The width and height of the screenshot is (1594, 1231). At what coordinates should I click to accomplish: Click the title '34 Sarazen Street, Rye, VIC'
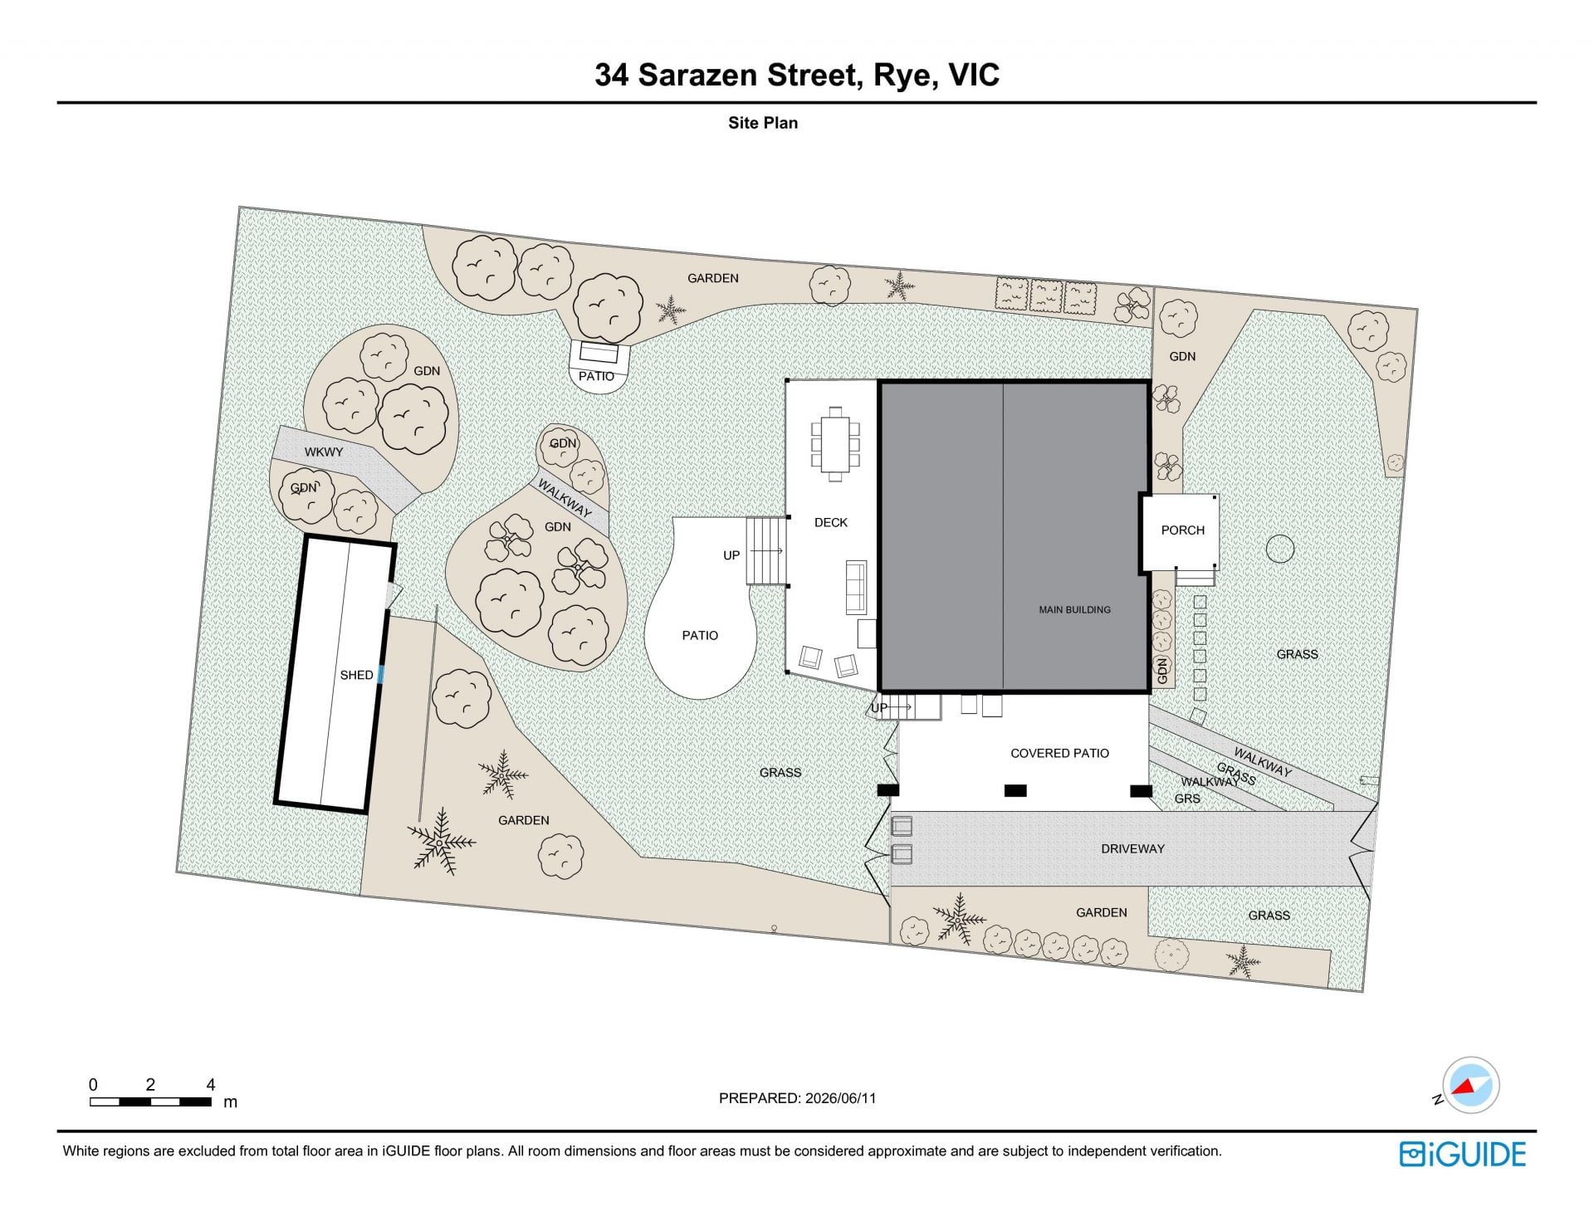point(797,75)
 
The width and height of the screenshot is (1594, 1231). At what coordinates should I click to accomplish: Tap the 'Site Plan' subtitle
point(763,123)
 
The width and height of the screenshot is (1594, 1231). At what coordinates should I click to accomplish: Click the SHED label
point(356,675)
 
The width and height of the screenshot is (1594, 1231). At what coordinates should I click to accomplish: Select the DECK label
point(831,522)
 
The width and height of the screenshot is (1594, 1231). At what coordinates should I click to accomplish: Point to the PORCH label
point(1182,530)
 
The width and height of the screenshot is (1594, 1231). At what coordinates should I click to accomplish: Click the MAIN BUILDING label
point(1074,609)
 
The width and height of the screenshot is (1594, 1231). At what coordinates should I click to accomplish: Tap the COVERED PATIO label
point(1059,753)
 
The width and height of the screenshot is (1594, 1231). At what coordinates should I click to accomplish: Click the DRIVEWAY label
point(1132,848)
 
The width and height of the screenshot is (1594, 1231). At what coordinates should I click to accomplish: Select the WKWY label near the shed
point(323,452)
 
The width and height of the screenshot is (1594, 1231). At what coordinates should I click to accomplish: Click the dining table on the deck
point(835,443)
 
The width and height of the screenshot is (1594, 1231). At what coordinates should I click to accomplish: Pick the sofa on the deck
point(856,588)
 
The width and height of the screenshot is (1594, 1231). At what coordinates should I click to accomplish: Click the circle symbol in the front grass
point(1280,549)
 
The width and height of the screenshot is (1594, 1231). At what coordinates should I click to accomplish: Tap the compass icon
point(1470,1085)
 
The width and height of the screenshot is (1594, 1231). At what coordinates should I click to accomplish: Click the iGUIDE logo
point(1463,1154)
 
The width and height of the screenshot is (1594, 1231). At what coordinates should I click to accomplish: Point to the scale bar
point(150,1102)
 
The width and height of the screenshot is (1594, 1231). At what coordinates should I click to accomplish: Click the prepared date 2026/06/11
point(840,1098)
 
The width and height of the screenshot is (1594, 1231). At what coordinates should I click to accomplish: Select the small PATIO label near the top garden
point(596,376)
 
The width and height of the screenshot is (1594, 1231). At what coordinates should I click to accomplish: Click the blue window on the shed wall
point(381,675)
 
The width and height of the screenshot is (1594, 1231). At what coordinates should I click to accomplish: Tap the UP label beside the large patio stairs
point(731,555)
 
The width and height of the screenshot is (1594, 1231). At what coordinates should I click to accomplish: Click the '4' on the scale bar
point(211,1084)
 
